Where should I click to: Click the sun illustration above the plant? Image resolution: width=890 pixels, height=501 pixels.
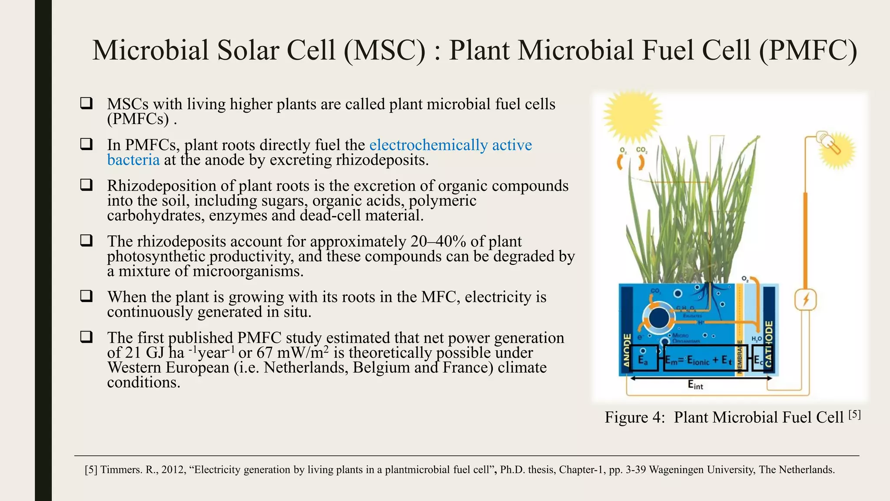(x=633, y=117)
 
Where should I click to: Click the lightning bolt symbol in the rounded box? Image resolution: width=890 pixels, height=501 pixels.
(x=806, y=300)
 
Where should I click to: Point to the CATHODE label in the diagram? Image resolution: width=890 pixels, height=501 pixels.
(x=768, y=344)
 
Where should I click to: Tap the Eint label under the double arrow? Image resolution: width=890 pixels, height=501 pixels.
(x=695, y=385)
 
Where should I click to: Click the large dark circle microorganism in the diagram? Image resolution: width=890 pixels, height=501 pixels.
(x=659, y=318)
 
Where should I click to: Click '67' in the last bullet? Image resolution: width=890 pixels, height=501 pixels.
(x=265, y=353)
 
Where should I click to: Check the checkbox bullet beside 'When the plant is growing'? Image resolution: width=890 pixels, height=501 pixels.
(x=86, y=296)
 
